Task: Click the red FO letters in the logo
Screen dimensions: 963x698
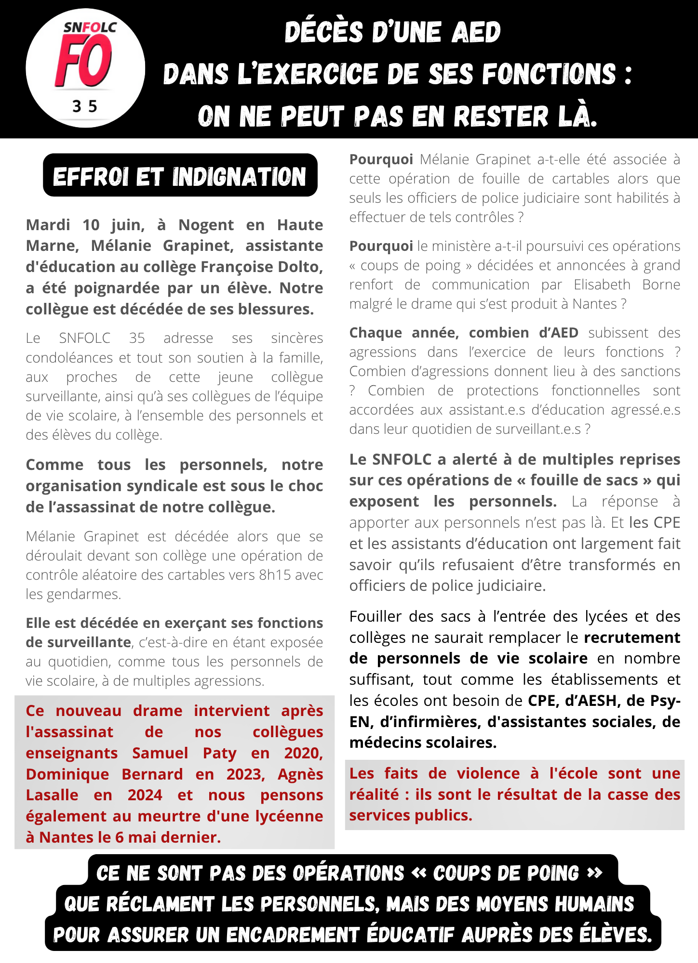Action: (84, 62)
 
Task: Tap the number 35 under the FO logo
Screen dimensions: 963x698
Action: (85, 106)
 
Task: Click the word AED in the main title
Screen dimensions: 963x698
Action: (476, 32)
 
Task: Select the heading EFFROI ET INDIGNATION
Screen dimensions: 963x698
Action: (180, 176)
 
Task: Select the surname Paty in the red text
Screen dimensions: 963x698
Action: (219, 753)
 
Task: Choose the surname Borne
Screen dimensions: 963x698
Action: (661, 285)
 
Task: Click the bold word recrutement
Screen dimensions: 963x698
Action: (632, 638)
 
